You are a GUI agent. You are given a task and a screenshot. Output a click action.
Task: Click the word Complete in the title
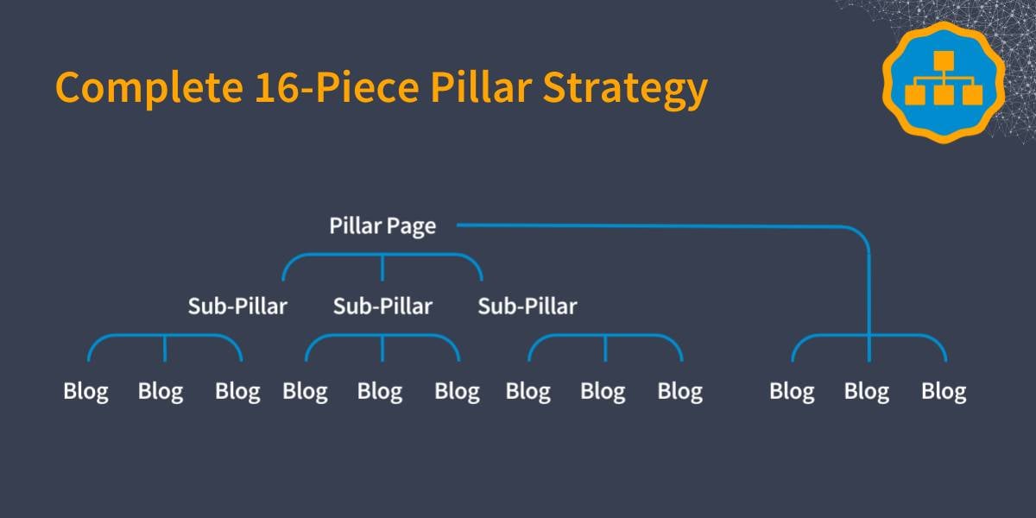click(149, 88)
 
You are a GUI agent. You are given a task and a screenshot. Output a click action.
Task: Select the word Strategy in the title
click(625, 89)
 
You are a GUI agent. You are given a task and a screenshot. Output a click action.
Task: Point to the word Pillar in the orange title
click(481, 86)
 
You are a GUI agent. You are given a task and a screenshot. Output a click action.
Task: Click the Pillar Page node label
click(382, 226)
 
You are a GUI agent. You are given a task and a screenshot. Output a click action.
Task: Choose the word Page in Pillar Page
click(411, 227)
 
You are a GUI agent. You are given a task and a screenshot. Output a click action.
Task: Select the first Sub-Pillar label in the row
click(237, 306)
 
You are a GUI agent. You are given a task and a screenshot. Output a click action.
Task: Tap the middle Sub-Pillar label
click(382, 306)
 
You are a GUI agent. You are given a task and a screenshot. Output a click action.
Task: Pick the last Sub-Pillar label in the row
click(527, 306)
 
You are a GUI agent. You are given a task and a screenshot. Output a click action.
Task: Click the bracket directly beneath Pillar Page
click(382, 255)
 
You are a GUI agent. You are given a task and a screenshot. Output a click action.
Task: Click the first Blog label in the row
click(86, 392)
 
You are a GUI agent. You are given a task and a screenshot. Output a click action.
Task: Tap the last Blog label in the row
click(944, 392)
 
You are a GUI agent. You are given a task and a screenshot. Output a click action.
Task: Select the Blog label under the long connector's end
click(867, 392)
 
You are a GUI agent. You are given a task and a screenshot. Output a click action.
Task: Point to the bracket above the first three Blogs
click(165, 335)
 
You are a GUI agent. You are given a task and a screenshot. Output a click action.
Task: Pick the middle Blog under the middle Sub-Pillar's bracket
click(380, 392)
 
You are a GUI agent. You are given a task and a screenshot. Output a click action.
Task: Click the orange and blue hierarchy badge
click(944, 82)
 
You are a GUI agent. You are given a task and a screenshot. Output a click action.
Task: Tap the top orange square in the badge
click(944, 60)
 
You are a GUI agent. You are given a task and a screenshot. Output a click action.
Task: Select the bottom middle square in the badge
click(944, 95)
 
